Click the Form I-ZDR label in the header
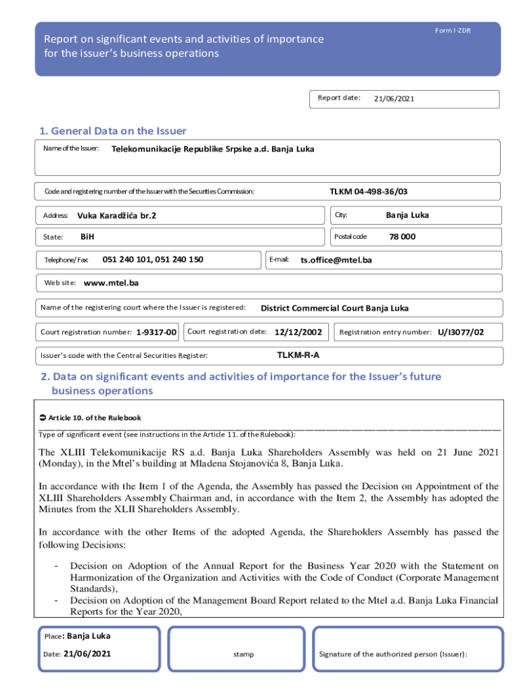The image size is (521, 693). click(x=453, y=31)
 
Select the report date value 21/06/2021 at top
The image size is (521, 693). click(x=394, y=99)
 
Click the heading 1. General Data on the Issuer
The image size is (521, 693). click(x=112, y=131)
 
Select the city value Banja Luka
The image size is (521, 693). click(x=407, y=215)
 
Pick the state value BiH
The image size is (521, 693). click(x=87, y=237)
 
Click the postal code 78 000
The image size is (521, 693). click(x=402, y=237)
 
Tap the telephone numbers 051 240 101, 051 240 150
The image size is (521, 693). click(x=152, y=259)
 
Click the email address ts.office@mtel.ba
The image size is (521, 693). click(x=336, y=260)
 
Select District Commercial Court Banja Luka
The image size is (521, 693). click(x=334, y=309)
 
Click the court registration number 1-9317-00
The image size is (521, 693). click(x=156, y=332)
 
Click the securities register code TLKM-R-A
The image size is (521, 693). click(x=298, y=355)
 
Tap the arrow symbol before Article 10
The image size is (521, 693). click(x=43, y=418)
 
